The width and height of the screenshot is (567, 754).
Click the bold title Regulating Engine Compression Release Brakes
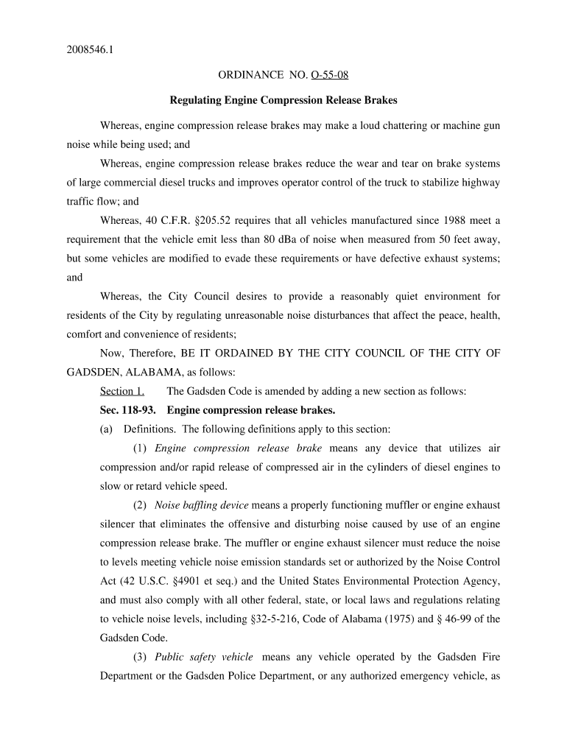click(283, 99)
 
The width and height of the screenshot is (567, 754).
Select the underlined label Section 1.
click(122, 391)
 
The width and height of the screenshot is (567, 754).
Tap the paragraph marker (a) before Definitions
click(106, 429)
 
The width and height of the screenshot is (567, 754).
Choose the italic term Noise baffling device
click(202, 505)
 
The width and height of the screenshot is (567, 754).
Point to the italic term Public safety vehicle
click(204, 657)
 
